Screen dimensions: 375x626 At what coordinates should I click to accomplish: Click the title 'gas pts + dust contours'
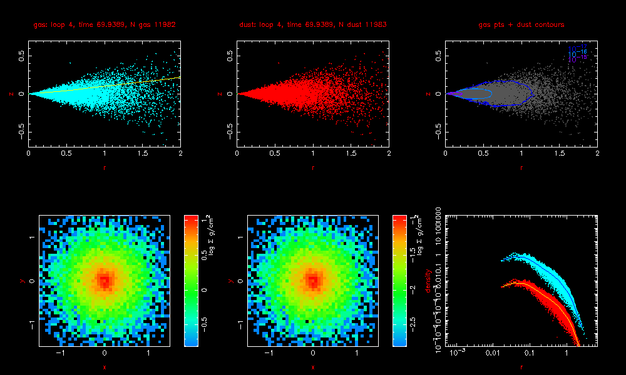click(x=521, y=25)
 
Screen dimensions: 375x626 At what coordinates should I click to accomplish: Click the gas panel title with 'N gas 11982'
click(x=104, y=25)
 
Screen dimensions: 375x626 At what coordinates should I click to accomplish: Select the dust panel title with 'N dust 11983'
click(x=312, y=25)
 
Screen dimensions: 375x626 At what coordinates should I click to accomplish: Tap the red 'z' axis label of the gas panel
click(x=11, y=94)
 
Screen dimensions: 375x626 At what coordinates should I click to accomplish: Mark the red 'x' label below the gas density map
click(x=104, y=367)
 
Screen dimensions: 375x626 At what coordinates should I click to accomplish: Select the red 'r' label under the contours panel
click(x=521, y=167)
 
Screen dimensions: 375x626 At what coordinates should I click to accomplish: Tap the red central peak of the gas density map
click(x=104, y=281)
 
